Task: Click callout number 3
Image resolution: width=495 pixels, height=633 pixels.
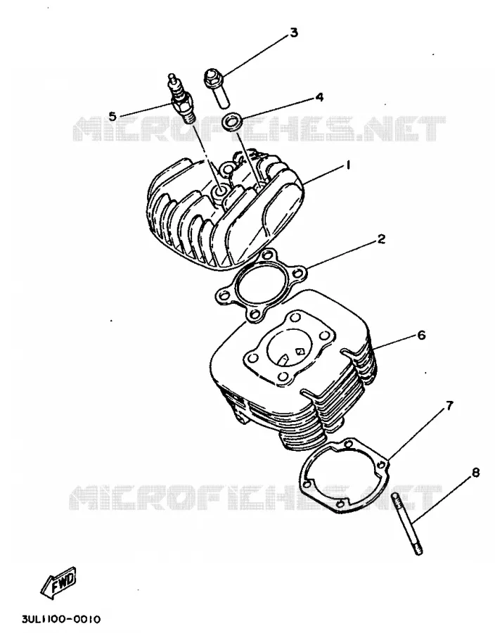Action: click(x=294, y=32)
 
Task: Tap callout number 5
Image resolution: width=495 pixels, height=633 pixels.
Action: click(x=112, y=116)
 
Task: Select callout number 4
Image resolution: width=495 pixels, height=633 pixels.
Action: click(x=319, y=97)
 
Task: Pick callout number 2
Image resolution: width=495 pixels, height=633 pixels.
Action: click(x=381, y=238)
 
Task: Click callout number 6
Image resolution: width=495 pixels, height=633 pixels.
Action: click(x=421, y=335)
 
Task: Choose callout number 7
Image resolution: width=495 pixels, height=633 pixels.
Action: click(x=449, y=405)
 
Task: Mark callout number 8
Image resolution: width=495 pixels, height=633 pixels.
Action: click(x=475, y=472)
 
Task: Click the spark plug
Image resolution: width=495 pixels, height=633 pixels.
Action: click(x=181, y=99)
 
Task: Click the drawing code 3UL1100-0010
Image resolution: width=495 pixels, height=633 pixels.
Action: click(x=61, y=619)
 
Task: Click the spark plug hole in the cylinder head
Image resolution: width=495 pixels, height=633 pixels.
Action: click(x=220, y=191)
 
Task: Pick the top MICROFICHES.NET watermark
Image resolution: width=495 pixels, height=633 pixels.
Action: click(x=259, y=129)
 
